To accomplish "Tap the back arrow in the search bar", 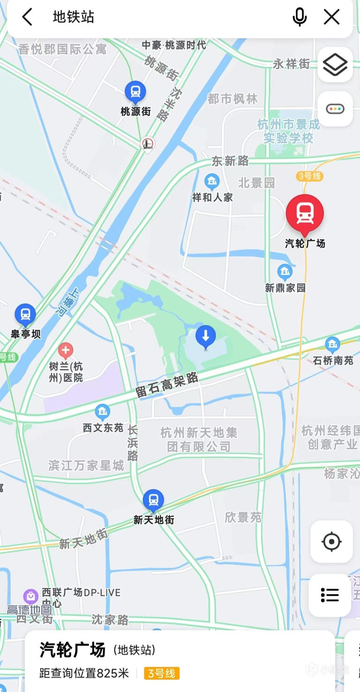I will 27,17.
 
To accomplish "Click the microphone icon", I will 300,17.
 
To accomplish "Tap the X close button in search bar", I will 332,17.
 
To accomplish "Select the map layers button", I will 335,65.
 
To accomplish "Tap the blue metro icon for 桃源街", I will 135,92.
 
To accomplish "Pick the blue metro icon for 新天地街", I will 153,500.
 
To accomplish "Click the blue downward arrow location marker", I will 205,336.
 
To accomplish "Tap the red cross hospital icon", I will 66,350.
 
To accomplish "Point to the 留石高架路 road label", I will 167,386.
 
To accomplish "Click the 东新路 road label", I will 230,161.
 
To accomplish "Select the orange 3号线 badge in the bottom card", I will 162,674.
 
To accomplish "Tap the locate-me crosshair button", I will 331,542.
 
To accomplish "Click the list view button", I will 330,595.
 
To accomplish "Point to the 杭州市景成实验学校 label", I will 288,131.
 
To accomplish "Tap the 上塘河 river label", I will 68,302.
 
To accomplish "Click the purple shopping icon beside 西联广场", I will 31,596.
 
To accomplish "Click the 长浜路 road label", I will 133,443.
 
